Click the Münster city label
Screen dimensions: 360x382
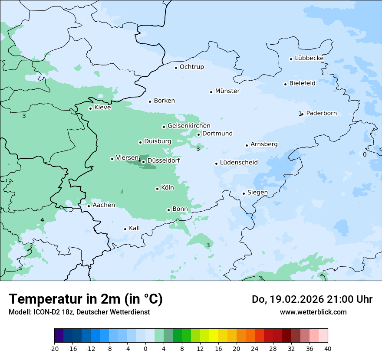point(227,91)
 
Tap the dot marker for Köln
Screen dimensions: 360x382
point(157,189)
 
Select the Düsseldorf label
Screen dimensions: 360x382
point(164,160)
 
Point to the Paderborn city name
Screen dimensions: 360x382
point(321,113)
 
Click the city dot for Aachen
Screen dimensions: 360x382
point(89,206)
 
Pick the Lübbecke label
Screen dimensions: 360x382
point(309,58)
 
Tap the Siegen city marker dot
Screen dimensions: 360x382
point(244,194)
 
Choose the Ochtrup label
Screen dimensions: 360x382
point(191,67)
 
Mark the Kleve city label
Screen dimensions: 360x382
point(102,108)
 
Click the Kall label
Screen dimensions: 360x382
point(134,228)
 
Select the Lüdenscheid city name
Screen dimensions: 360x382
point(239,163)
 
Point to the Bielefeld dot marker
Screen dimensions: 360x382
point(285,84)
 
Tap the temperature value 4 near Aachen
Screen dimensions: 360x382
point(42,220)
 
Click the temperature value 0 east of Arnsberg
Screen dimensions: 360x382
point(365,154)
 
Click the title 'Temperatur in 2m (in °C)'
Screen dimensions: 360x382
point(86,299)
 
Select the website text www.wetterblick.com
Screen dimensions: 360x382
point(313,312)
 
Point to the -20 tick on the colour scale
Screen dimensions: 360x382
point(54,348)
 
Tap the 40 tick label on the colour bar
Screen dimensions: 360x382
point(328,348)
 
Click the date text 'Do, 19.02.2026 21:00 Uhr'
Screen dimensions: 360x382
point(312,299)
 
